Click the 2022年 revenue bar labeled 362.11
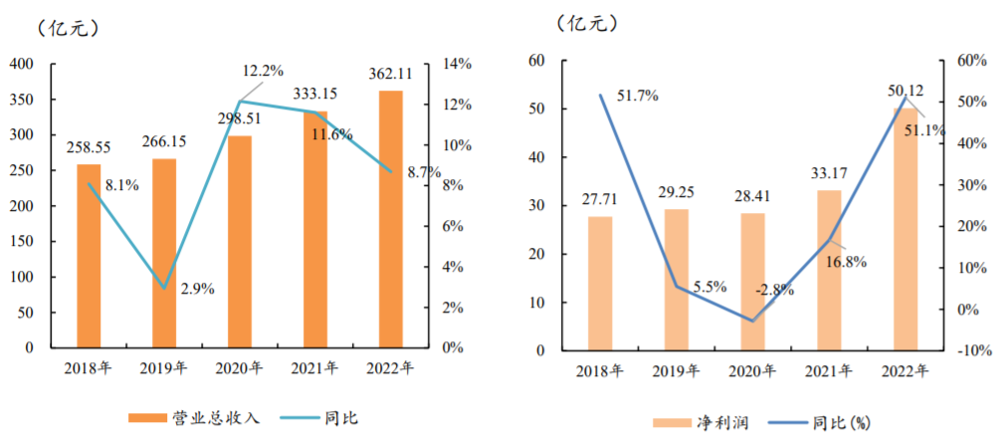390,219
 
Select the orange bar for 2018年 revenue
89,256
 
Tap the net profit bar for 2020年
752,282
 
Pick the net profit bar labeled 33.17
829,270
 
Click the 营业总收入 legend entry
195,418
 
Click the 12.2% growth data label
263,70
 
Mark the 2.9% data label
197,289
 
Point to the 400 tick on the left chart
22,65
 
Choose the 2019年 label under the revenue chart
163,368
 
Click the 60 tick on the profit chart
537,61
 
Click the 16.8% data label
846,262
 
